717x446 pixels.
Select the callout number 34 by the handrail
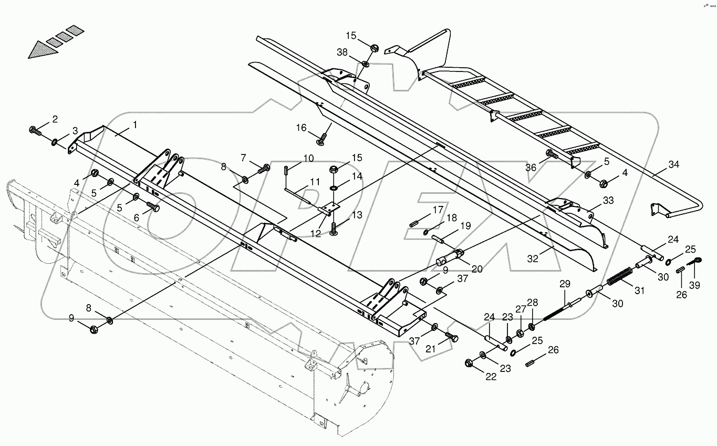click(x=673, y=164)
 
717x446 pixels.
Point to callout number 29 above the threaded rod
click(x=564, y=284)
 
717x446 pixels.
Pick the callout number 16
click(x=301, y=128)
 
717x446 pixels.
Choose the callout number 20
click(x=476, y=269)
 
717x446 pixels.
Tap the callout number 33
click(x=607, y=200)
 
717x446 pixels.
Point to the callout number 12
click(x=315, y=234)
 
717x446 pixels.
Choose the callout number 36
click(x=532, y=167)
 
